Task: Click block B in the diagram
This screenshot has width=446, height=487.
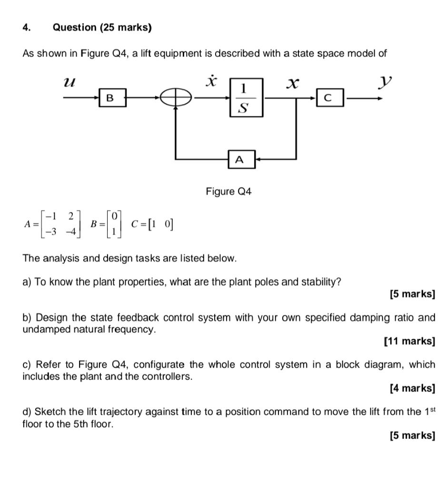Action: coord(109,98)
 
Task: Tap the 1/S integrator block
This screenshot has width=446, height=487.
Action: coord(243,98)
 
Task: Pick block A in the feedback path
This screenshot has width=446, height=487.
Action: coord(239,160)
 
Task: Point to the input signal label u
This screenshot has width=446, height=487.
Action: coord(69,82)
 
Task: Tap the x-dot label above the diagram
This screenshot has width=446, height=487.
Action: coord(211,81)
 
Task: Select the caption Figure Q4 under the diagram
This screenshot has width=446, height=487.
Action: coord(228,192)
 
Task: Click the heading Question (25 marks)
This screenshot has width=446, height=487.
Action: coord(102,28)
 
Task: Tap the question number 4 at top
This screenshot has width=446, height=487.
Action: coord(26,28)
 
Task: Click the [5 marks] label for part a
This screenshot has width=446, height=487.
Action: coord(412,294)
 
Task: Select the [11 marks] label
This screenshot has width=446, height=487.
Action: coord(409,341)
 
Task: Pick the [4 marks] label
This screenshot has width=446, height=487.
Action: coord(412,389)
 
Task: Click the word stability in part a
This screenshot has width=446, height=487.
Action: coord(322,282)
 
